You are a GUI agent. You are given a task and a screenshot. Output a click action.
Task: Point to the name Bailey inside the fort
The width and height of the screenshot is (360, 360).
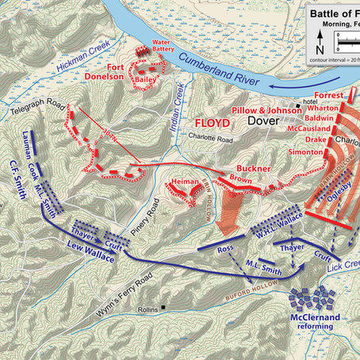[x=145, y=80]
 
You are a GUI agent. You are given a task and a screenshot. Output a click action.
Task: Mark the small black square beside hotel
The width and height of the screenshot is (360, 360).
[x=299, y=105]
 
